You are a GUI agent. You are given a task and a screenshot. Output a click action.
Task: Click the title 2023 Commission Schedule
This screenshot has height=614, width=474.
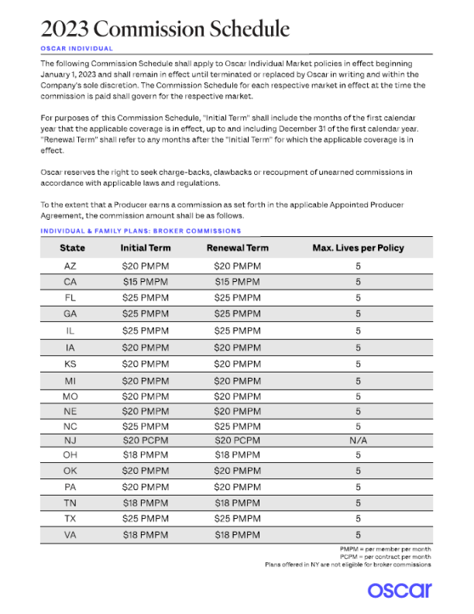coord(165,29)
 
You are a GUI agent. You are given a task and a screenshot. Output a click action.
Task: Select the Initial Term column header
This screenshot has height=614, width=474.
coord(146,248)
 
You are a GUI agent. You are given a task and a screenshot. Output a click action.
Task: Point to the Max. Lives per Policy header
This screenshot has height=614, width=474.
coord(358,248)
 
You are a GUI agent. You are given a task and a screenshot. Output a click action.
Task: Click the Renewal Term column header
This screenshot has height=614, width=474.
coord(237,248)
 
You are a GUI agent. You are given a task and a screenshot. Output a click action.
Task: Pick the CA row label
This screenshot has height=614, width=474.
coord(70,282)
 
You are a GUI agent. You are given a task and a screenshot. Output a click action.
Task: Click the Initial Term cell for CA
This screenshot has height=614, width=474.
coord(146,282)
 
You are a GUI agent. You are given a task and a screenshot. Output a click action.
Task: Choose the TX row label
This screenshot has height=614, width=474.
coord(70,517)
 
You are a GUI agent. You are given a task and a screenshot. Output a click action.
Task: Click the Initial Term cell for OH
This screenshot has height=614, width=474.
coord(146,454)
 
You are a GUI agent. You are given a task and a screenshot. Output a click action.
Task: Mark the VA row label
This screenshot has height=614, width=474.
coord(70,534)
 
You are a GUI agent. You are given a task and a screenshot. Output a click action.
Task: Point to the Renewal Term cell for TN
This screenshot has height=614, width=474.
coord(237,502)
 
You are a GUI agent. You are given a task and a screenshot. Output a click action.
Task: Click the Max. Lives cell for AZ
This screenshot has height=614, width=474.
coord(358,266)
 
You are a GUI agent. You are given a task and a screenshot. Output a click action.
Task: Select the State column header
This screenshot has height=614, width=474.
coord(72,248)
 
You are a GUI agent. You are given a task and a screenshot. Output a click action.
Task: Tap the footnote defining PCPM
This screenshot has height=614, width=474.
coord(385,557)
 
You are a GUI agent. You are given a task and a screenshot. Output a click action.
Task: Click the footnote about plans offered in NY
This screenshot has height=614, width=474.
coord(348,564)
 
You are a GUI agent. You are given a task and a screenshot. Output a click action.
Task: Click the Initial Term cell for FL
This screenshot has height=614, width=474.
coord(146,297)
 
